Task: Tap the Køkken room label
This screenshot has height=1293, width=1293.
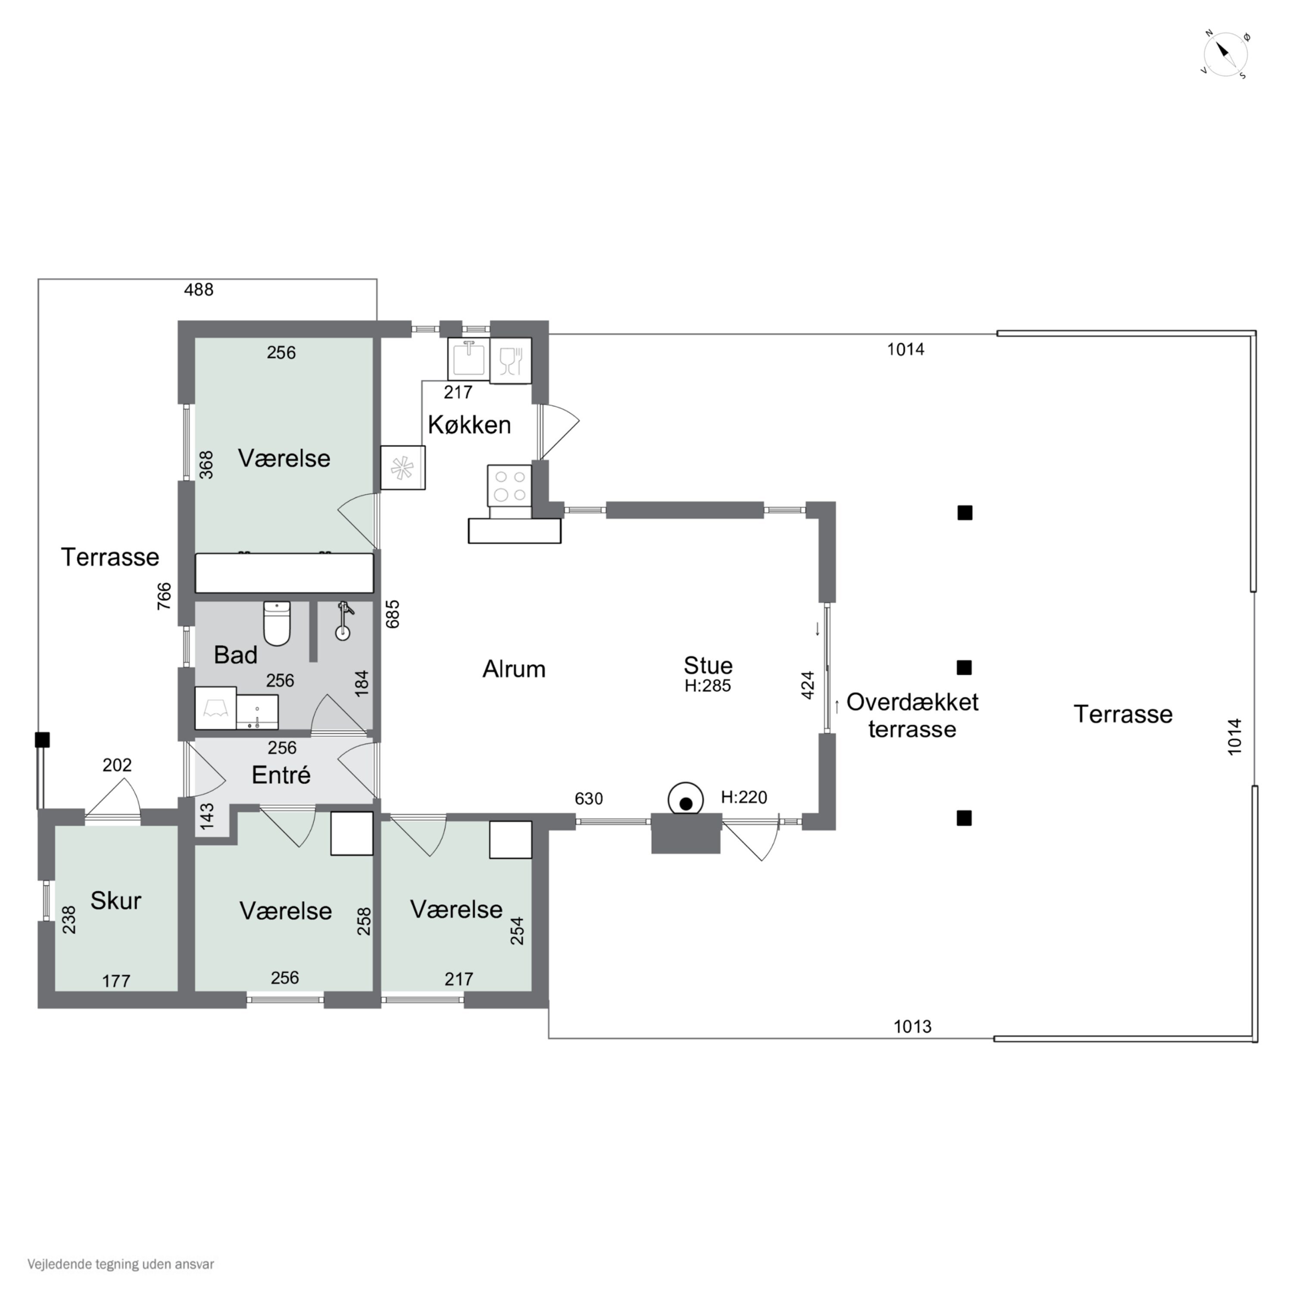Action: coord(469,425)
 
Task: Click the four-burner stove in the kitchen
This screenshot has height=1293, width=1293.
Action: coord(509,486)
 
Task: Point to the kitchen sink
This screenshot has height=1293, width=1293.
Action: coord(468,359)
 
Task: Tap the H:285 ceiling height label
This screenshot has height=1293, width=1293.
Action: coord(707,686)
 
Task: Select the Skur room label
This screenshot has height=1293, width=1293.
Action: coord(116,901)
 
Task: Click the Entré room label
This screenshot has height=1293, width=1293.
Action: coord(281,775)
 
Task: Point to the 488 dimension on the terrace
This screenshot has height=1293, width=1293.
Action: coord(199,290)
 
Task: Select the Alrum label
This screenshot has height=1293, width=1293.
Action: coord(514,669)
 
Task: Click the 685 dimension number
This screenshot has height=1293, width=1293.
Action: coord(393,614)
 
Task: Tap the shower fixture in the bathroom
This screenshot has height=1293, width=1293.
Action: coord(344,620)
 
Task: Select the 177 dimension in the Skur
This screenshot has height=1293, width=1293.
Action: coord(116,981)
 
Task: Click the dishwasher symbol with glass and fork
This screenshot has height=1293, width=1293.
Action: coord(511,361)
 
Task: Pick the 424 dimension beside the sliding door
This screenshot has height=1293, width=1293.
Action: coord(808,685)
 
